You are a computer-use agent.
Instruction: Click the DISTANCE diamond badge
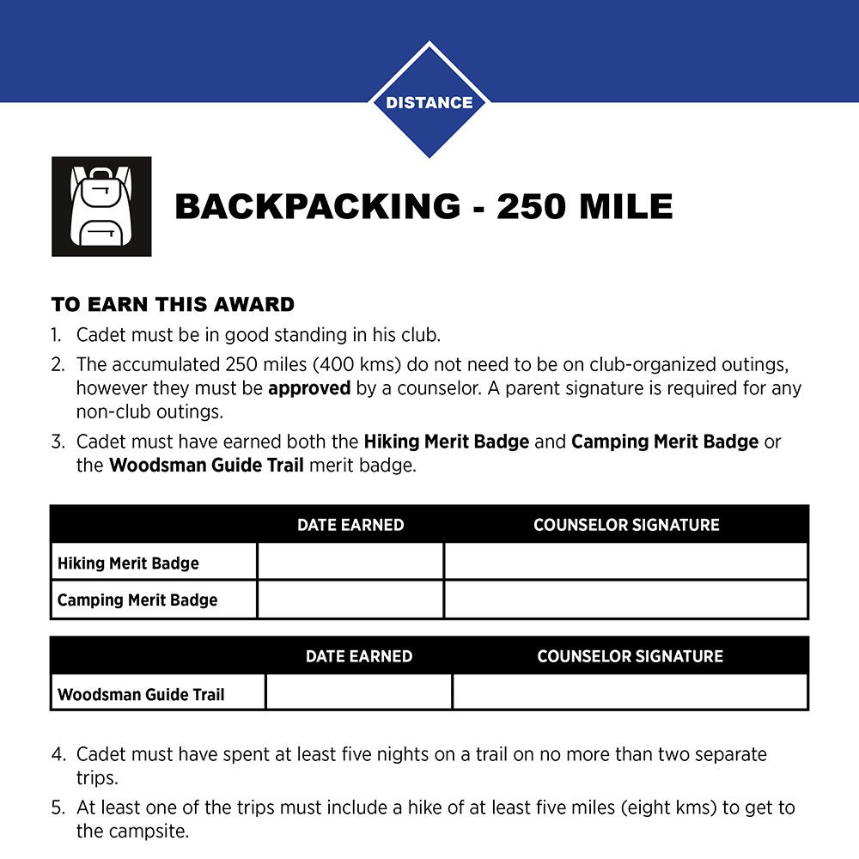pos(429,102)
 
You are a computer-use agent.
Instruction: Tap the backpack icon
pos(101,206)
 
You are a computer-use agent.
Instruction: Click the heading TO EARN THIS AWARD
pos(173,304)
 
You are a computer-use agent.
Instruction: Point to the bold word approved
pos(309,387)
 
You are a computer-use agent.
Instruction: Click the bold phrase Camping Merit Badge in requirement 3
pos(665,442)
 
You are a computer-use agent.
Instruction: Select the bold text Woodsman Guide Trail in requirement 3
pos(206,466)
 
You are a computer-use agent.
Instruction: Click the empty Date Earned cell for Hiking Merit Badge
pos(350,562)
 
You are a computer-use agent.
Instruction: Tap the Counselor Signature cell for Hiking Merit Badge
pos(626,562)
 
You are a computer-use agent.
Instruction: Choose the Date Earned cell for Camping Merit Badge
pos(350,600)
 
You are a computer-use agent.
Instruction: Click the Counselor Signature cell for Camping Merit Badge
pos(626,600)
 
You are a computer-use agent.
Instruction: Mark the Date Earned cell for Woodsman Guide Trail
pos(359,692)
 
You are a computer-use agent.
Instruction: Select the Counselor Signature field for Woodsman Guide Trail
pos(630,692)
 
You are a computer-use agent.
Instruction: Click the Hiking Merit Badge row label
pos(128,564)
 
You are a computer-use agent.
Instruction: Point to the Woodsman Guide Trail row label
pos(141,694)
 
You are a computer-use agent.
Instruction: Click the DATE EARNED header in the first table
pos(350,525)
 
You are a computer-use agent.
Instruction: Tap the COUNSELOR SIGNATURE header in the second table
pos(630,656)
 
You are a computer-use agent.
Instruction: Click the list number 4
pos(58,755)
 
